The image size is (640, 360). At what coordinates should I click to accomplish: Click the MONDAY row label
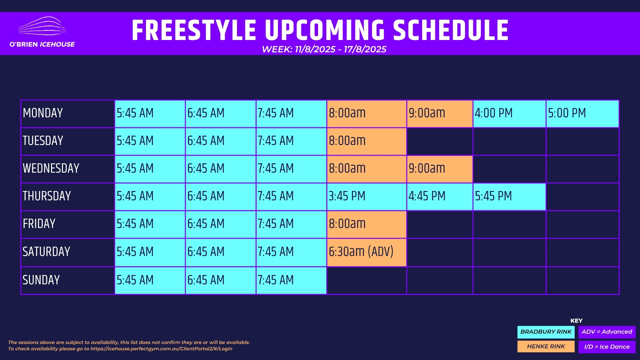(x=68, y=114)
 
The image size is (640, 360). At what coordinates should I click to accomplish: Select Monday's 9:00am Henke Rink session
(x=440, y=114)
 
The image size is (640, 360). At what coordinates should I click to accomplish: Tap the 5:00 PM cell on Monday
(x=582, y=114)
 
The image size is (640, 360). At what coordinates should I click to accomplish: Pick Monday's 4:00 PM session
(x=509, y=114)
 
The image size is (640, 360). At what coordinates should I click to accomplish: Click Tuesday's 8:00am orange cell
(x=367, y=141)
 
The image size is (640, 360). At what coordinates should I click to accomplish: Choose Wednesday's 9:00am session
(x=440, y=169)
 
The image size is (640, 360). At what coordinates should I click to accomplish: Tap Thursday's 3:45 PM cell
(x=367, y=197)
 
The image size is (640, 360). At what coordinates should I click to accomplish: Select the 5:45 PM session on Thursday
(x=509, y=197)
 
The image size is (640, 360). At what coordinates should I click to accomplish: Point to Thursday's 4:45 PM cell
(x=440, y=197)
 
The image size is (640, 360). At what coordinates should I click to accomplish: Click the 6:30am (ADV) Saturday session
(x=367, y=252)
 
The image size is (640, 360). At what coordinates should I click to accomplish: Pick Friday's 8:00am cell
(x=367, y=224)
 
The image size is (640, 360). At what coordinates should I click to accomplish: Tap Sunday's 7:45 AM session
(x=291, y=280)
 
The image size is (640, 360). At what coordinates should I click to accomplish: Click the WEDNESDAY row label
(x=68, y=169)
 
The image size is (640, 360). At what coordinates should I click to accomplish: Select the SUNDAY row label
(x=68, y=280)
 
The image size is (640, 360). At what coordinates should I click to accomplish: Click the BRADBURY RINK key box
(x=546, y=332)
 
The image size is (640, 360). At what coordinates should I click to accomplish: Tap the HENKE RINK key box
(x=546, y=346)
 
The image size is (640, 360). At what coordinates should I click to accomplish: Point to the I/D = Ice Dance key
(x=607, y=347)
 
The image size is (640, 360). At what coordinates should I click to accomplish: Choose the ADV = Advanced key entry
(x=607, y=332)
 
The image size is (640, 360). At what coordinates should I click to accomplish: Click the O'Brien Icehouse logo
(x=42, y=32)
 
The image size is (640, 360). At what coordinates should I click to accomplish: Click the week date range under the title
(x=324, y=49)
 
